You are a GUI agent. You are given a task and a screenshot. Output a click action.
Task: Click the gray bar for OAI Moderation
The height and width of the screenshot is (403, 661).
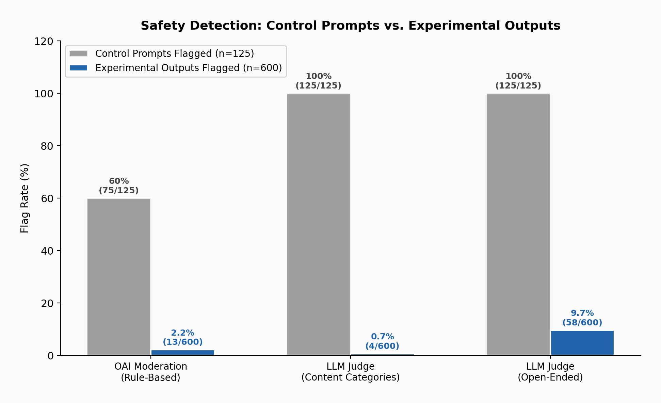(x=118, y=277)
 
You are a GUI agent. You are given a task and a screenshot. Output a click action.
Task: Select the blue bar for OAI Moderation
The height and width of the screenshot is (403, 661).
(x=182, y=352)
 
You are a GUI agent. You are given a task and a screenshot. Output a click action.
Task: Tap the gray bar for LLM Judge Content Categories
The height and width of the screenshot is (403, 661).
(x=318, y=224)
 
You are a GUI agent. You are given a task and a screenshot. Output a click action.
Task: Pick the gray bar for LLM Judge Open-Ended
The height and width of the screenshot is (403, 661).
(x=518, y=224)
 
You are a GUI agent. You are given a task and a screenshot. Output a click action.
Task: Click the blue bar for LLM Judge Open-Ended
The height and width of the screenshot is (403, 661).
(x=582, y=343)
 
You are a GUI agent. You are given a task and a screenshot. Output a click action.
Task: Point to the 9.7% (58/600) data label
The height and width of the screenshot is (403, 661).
(x=582, y=318)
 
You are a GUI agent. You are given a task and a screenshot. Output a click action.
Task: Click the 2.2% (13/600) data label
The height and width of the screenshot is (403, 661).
(x=182, y=337)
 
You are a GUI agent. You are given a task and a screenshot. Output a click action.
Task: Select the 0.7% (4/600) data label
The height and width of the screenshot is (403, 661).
(x=382, y=341)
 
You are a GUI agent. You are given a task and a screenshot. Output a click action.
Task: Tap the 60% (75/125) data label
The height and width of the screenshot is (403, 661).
(x=118, y=186)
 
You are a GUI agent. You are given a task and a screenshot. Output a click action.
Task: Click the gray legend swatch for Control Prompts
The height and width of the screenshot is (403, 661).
(x=78, y=54)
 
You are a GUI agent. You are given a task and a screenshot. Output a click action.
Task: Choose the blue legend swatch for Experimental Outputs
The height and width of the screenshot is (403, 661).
(x=78, y=68)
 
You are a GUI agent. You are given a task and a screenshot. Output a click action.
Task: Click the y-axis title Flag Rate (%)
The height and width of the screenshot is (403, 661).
(x=25, y=198)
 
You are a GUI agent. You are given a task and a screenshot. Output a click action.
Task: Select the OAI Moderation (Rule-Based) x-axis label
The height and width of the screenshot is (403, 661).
(x=150, y=372)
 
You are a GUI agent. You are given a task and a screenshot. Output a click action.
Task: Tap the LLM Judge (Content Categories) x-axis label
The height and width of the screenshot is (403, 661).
(x=350, y=372)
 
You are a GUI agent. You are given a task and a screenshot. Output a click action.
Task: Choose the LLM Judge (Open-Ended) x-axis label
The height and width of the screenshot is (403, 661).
(x=550, y=372)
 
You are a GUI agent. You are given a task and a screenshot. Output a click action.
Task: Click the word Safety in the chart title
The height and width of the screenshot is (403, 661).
(x=160, y=26)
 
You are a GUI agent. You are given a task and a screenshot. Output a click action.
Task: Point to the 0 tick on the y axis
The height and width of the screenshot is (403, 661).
(x=51, y=356)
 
